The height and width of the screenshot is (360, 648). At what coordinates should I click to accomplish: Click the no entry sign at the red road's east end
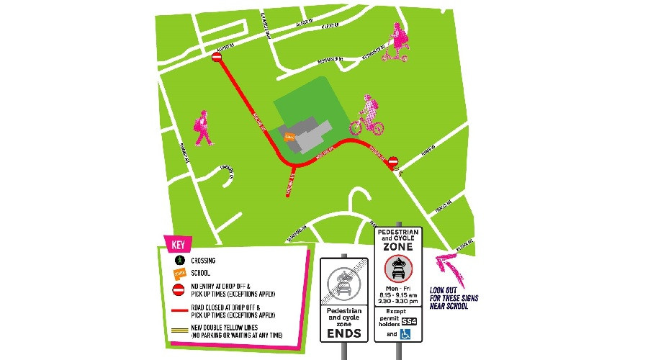392,163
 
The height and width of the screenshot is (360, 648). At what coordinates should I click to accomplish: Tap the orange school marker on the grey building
289,135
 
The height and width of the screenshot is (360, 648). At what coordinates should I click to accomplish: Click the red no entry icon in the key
178,290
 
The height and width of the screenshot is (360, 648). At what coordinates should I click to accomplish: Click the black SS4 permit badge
408,320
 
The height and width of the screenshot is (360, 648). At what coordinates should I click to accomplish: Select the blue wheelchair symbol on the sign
405,333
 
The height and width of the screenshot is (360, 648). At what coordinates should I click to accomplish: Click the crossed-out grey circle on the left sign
343,281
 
